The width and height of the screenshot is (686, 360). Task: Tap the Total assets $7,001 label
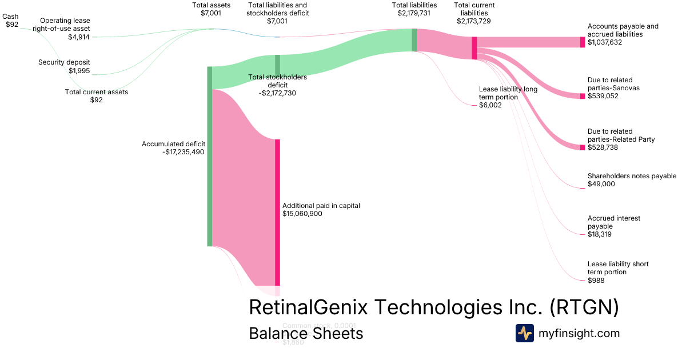(212, 9)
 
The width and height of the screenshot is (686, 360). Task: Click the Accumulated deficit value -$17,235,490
(184, 152)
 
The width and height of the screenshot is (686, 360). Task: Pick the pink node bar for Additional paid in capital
(278, 212)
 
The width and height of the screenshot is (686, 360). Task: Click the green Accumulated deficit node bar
(209, 156)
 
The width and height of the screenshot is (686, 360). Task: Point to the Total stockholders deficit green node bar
(277, 65)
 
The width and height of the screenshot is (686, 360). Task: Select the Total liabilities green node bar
(414, 40)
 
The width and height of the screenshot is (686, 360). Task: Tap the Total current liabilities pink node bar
(474, 48)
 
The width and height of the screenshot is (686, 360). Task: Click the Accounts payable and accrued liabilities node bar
(583, 42)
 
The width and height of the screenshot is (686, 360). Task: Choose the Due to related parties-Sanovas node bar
(583, 96)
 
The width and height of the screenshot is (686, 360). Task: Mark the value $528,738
(603, 147)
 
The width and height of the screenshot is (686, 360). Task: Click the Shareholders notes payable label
(632, 176)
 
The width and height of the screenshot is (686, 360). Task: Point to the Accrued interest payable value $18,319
(600, 234)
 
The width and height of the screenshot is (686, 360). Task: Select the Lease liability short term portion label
(618, 268)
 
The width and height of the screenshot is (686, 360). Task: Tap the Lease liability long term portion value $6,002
(490, 105)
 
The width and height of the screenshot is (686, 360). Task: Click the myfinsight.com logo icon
(524, 333)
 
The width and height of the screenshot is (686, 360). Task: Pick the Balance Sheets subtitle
(306, 333)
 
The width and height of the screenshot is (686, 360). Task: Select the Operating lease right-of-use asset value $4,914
(79, 37)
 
